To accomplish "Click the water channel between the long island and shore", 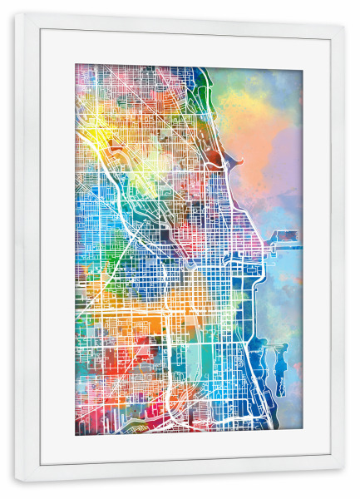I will (x=271, y=366).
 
